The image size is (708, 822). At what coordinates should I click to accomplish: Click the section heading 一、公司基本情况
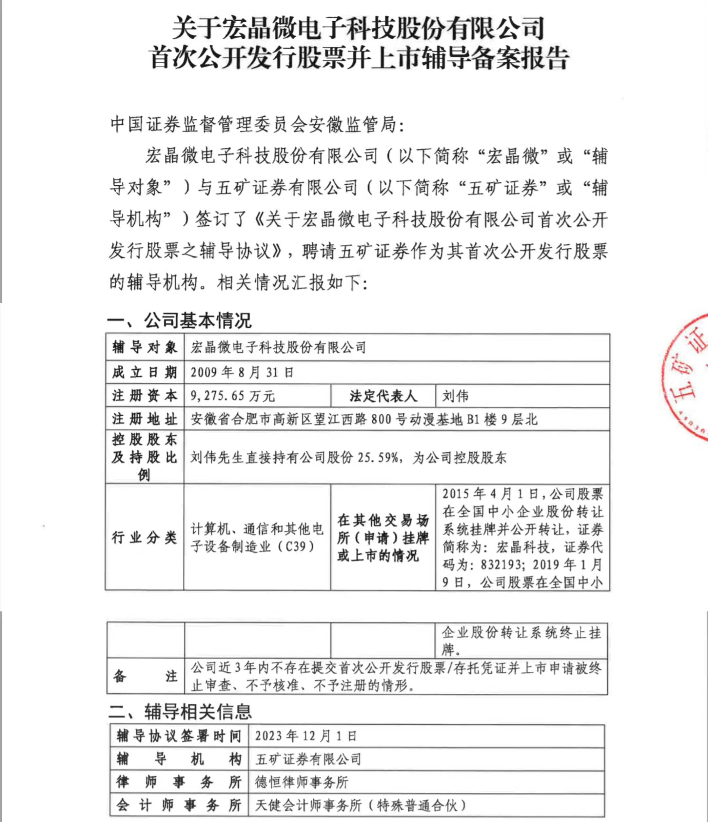tap(179, 320)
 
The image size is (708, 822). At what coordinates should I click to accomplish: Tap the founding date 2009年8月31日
tap(242, 372)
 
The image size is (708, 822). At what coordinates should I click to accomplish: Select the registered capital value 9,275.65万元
tap(233, 396)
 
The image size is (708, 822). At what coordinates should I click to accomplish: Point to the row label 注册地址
tap(144, 419)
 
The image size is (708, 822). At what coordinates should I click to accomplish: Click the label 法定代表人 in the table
tap(383, 396)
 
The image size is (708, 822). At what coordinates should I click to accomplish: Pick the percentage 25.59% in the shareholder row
tap(378, 458)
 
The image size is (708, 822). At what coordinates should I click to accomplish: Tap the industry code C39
tap(295, 547)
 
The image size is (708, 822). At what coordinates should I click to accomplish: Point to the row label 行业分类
tap(144, 538)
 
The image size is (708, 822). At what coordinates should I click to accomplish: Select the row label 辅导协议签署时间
tap(179, 736)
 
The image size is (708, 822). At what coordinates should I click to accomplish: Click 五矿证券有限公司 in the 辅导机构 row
tap(308, 759)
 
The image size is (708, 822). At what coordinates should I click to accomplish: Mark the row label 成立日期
tap(144, 372)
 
